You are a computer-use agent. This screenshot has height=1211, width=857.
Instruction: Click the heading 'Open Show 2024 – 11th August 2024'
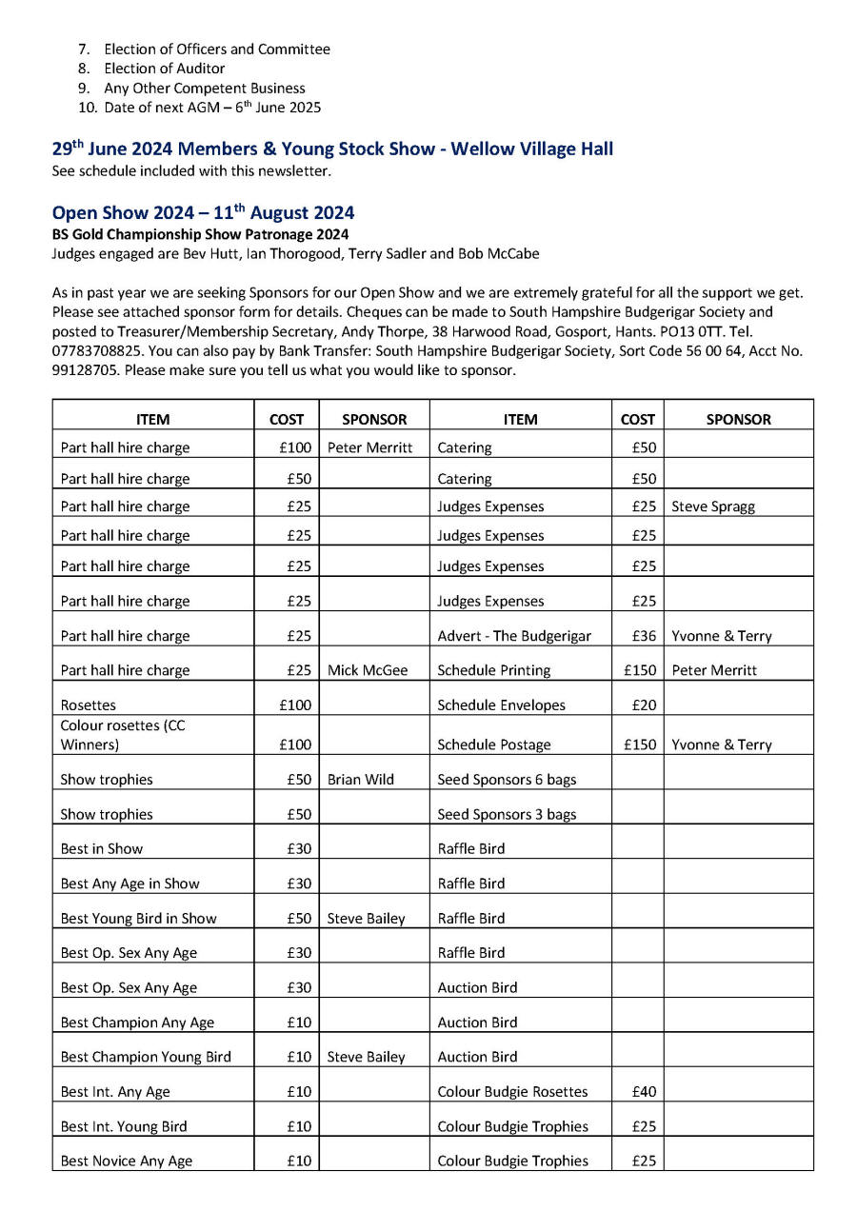203,212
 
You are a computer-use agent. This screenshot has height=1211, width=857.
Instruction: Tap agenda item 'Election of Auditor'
164,69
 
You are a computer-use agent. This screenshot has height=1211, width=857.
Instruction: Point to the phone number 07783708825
96,351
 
